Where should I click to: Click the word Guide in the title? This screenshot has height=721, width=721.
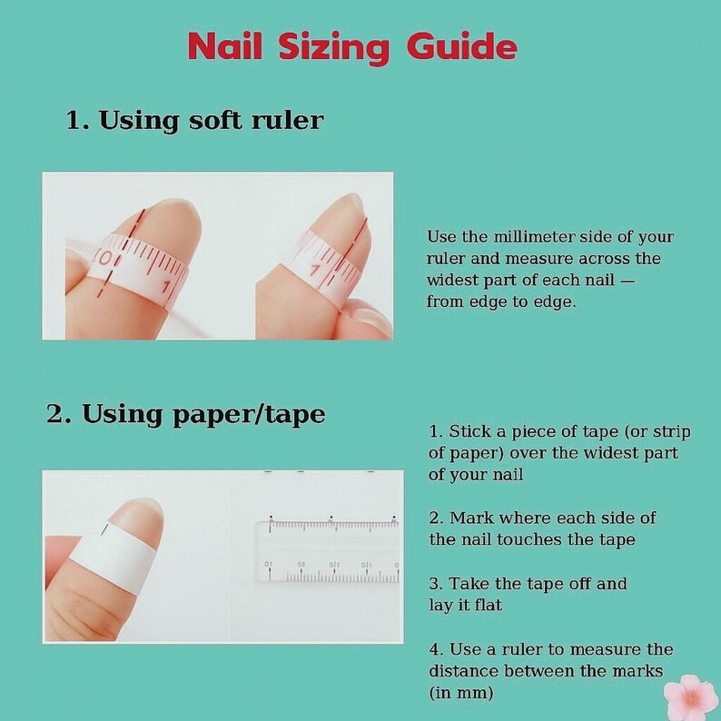(461, 46)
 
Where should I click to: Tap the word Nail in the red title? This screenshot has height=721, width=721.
(225, 46)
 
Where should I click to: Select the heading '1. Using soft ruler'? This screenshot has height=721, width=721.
(195, 121)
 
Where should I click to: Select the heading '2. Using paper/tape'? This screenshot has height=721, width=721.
(186, 414)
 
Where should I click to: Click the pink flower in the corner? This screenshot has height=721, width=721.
(691, 697)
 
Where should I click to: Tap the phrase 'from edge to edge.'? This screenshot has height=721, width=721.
(501, 302)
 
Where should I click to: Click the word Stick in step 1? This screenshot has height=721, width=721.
(469, 431)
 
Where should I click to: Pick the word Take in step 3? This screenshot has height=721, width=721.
(469, 583)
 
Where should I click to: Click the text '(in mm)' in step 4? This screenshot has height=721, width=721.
(461, 692)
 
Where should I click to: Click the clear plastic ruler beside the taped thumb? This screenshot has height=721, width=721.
(328, 551)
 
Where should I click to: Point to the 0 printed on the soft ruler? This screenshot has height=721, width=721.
(105, 259)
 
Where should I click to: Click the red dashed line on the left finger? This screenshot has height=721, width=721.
(122, 253)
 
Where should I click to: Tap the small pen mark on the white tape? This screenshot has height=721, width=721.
(104, 529)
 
